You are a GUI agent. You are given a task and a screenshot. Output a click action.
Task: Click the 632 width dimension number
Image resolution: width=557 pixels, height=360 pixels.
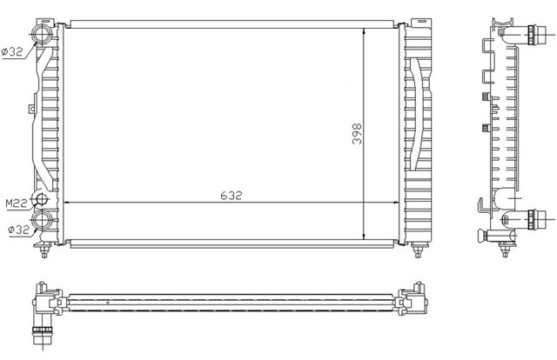click(230, 197)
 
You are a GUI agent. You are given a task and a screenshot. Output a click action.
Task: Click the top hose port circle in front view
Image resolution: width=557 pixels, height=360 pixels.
click(43, 36)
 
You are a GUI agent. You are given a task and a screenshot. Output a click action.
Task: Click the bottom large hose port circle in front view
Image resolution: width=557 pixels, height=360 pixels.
click(44, 221)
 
